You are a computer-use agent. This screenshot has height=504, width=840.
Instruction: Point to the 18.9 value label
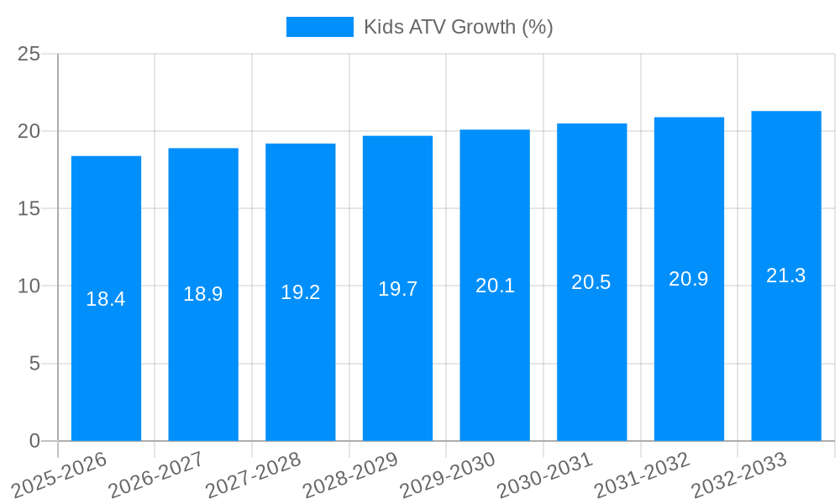[x=203, y=294]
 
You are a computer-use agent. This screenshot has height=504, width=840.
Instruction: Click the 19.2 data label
[x=301, y=292]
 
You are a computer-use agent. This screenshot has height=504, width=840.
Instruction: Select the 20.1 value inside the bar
[x=495, y=286]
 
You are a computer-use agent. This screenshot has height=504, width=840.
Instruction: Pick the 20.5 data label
[x=591, y=282]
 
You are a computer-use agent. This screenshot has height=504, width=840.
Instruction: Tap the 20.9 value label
[x=689, y=279]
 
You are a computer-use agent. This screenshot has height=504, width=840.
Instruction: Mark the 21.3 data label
[x=786, y=276]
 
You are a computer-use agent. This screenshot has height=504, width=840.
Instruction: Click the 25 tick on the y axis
[x=29, y=54]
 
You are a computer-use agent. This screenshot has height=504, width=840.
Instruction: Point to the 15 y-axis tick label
[x=29, y=208]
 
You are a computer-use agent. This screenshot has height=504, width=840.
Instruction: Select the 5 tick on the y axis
[x=34, y=364]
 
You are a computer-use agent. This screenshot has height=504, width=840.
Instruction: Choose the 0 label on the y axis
[x=34, y=441]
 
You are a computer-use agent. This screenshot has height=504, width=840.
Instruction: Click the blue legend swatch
[x=320, y=27]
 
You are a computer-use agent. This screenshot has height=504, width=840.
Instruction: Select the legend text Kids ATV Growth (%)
[x=458, y=27]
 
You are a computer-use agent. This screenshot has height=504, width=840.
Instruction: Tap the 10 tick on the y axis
[x=29, y=286]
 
